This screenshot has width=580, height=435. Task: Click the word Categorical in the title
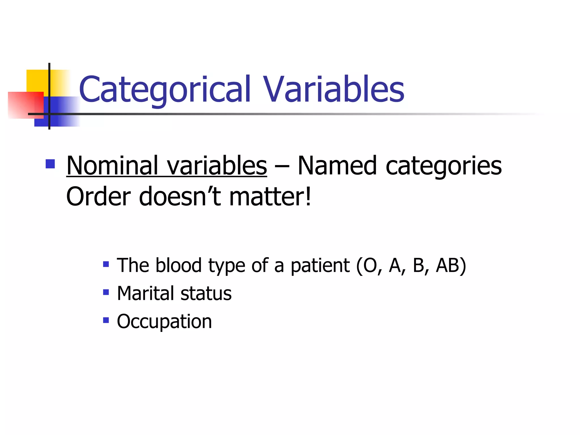point(165,89)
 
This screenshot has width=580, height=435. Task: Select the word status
point(206,293)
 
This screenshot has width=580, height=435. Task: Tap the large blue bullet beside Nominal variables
point(50,164)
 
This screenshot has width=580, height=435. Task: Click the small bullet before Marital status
point(106,292)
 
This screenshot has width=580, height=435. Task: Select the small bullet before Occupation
point(106,320)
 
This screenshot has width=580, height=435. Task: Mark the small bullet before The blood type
point(106,265)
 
